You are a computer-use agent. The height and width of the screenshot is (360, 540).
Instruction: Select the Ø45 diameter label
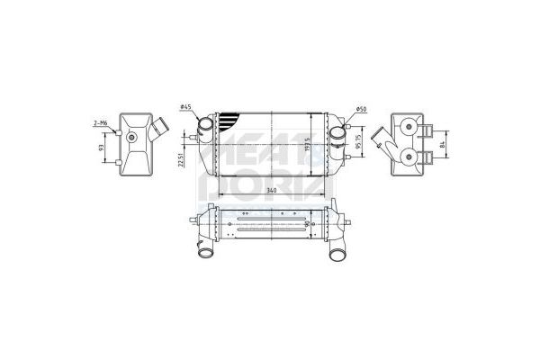pos(185,109)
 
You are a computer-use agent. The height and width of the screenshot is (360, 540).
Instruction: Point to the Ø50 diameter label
pos(361,110)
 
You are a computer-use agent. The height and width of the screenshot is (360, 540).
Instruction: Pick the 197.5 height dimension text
pos(308,145)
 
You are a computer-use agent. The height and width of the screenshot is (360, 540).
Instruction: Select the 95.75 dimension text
pos(357,144)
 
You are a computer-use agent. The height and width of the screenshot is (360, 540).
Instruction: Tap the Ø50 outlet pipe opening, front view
pos(338,134)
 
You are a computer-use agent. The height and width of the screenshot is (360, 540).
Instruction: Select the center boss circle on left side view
pos(132,138)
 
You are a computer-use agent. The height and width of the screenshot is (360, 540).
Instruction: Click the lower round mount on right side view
pos(410,157)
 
